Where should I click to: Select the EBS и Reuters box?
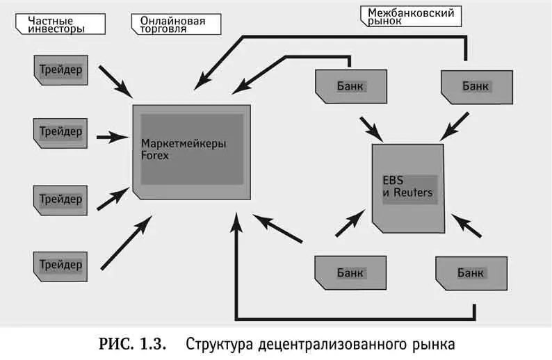pyautogui.click(x=408, y=188)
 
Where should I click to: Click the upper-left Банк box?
pyautogui.click(x=350, y=86)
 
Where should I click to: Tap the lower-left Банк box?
pyautogui.click(x=350, y=272)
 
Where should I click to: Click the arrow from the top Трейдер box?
pyautogui.click(x=115, y=81)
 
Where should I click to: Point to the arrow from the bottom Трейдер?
pyautogui.click(x=125, y=243)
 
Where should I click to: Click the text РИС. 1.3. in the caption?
pyautogui.click(x=129, y=344)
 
